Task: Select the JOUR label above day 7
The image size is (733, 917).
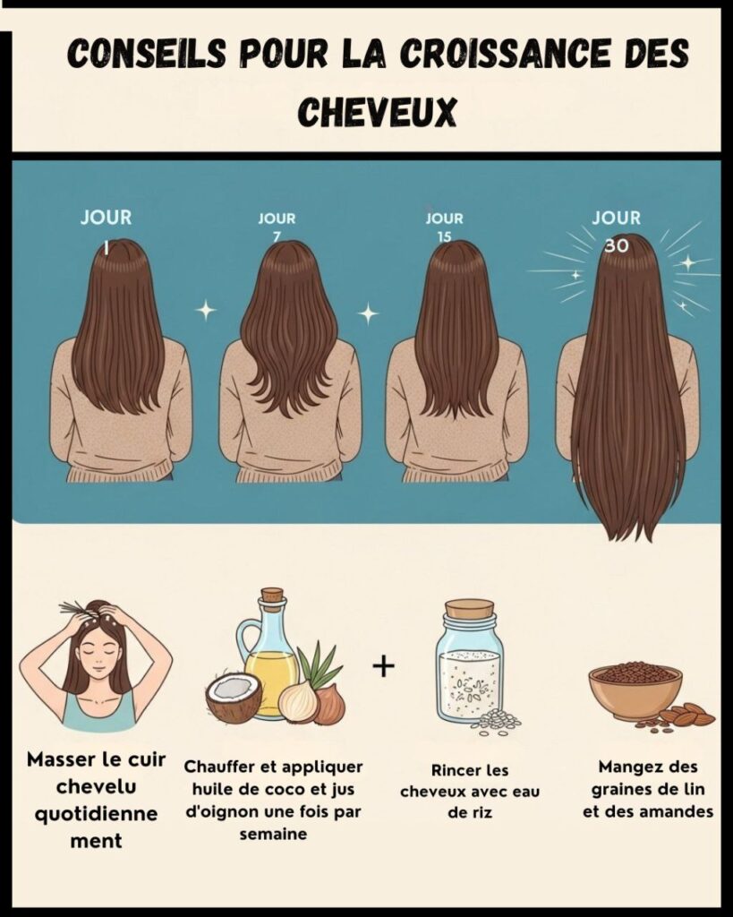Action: (277, 219)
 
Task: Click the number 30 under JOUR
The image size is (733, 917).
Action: (617, 245)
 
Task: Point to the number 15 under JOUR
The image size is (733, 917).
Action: (445, 236)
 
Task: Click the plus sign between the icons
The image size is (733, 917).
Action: (383, 666)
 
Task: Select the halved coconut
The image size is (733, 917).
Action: (234, 698)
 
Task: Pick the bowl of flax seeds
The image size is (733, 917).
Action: (635, 690)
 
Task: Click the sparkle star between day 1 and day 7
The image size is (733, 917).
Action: (205, 310)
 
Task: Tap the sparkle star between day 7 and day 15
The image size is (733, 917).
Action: (368, 313)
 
